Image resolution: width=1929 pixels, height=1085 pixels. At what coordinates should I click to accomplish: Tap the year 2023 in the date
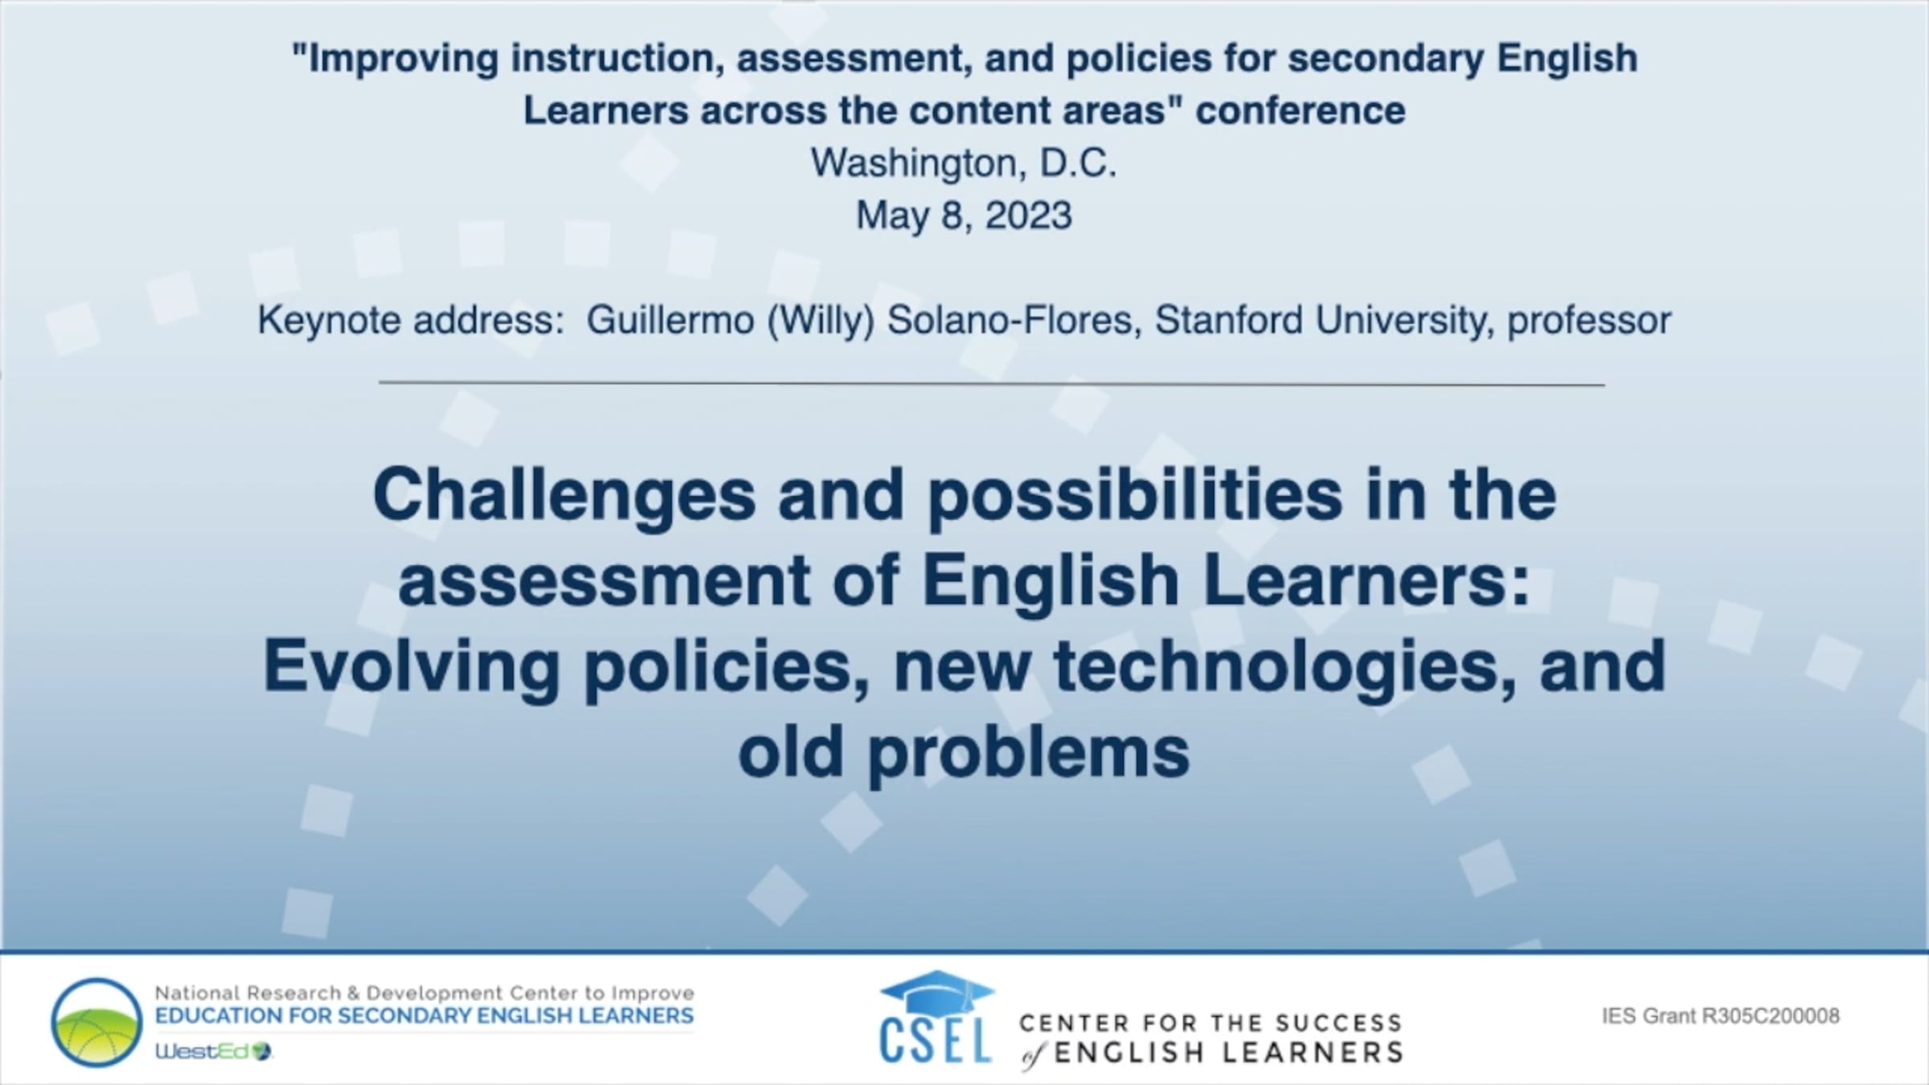tap(1028, 215)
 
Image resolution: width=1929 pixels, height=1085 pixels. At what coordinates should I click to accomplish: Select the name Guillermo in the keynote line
tap(670, 320)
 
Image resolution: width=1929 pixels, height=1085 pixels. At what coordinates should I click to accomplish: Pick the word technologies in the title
tap(1284, 667)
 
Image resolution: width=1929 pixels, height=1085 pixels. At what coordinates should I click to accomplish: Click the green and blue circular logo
tap(96, 1022)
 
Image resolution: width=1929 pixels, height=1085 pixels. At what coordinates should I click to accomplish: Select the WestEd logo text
tap(214, 1051)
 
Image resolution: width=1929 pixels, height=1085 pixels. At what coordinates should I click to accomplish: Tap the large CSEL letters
tap(936, 1040)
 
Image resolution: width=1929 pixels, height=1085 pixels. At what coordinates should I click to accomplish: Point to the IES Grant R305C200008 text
tap(1721, 1017)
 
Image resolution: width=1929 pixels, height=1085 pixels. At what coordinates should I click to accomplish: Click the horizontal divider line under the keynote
tap(992, 384)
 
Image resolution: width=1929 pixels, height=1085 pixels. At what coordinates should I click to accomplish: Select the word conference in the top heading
tap(1300, 111)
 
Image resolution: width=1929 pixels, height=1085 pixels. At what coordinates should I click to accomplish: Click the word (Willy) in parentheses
tap(821, 321)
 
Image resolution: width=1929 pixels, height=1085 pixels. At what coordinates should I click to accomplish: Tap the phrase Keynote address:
tap(411, 321)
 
